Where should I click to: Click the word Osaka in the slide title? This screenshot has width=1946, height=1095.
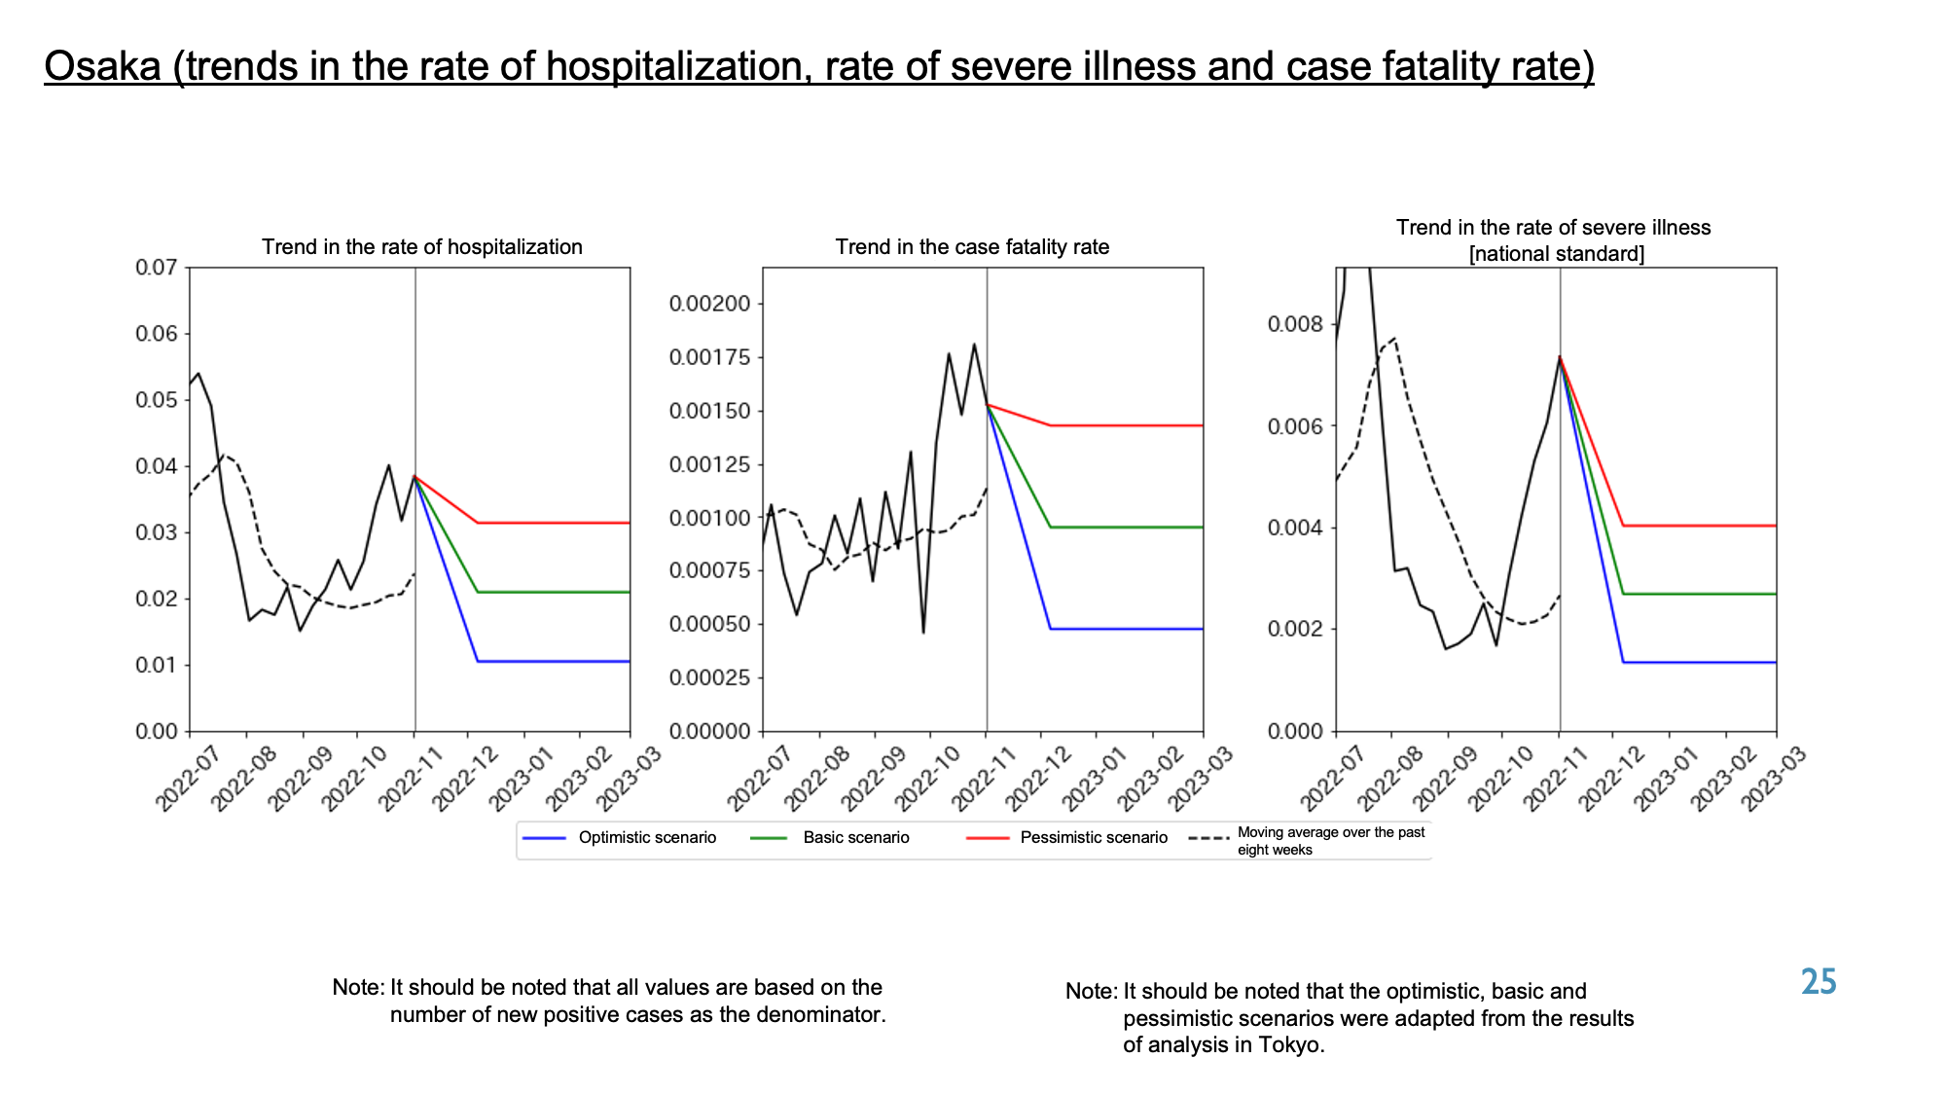coord(102,66)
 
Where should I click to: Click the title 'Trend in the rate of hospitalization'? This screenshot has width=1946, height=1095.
coord(422,247)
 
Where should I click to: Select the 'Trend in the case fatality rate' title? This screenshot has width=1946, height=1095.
coord(972,247)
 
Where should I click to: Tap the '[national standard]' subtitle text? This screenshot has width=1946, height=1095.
coord(1557,254)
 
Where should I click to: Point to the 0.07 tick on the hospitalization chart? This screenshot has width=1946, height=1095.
coord(157,268)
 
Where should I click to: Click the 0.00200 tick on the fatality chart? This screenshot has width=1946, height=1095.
coord(710,304)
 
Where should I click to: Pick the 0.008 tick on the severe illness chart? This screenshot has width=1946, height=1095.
coord(1296,324)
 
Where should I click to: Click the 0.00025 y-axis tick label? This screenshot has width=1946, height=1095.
coord(710,677)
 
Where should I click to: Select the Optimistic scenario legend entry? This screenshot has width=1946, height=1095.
coord(620,838)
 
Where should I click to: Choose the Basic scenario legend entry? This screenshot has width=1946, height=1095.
coord(831,838)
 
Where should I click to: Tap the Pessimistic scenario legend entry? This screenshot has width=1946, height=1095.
coord(1067,838)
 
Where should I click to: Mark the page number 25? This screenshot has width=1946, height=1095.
coord(1819,981)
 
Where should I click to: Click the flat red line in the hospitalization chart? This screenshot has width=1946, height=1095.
coord(554,523)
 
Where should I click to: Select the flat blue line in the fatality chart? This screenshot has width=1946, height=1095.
coord(1127,629)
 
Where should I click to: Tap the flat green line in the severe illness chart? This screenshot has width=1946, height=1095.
coord(1700,594)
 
